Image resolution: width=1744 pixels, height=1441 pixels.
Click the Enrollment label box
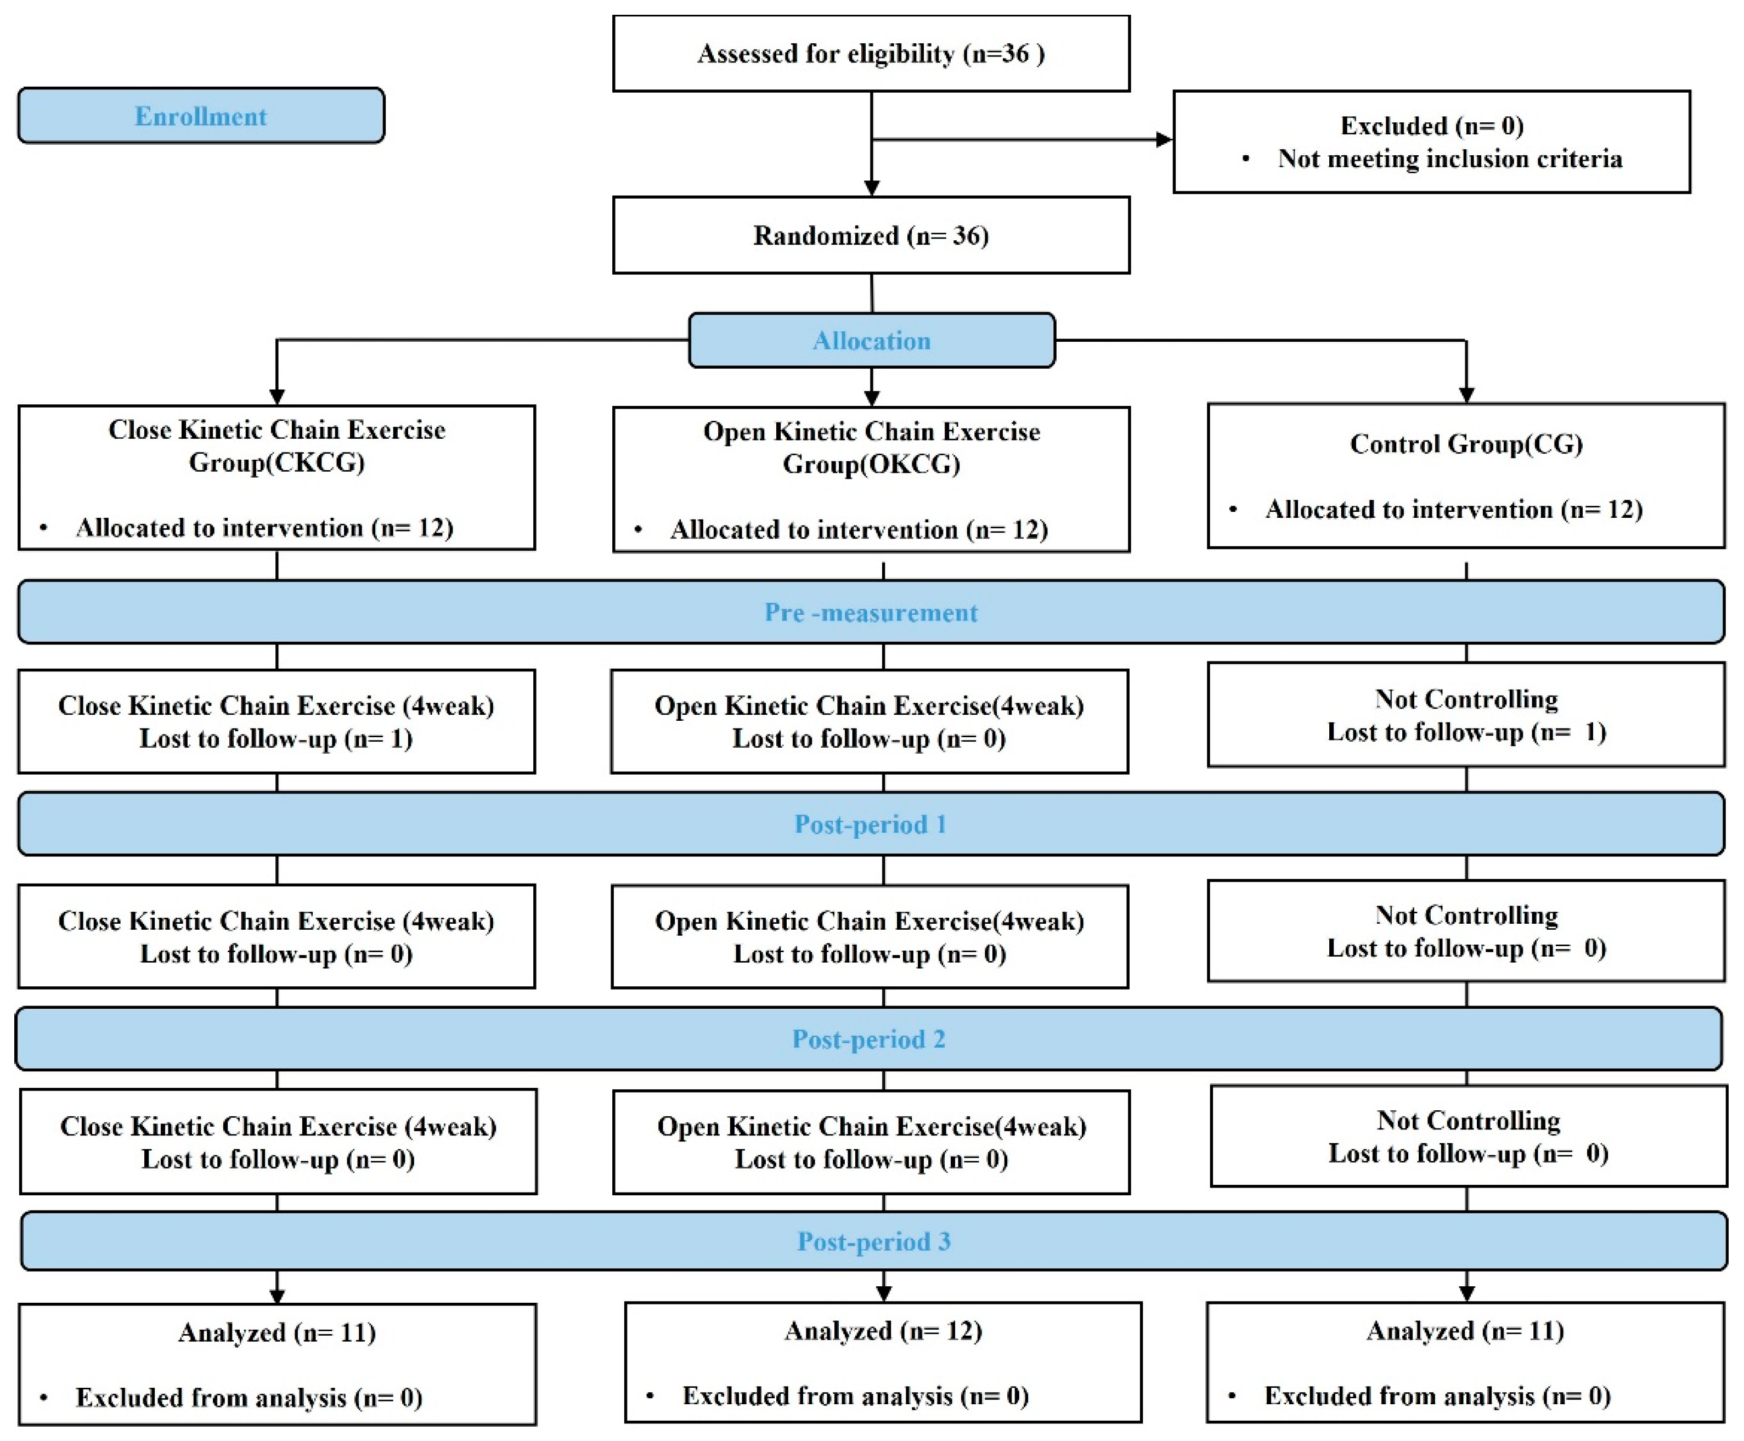[x=201, y=115]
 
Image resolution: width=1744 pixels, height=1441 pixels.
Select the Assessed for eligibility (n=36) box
[x=870, y=53]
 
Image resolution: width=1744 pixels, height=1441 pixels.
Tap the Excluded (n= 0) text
[x=1431, y=126]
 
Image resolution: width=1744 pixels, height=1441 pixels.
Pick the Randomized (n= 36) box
[x=870, y=235]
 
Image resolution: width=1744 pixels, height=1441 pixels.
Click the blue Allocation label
[x=871, y=340]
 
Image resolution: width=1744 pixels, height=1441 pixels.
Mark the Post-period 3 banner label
[x=873, y=1241]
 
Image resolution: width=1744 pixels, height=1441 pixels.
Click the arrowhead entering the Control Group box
[x=1466, y=394]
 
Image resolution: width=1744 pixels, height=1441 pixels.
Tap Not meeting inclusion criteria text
[x=1449, y=159]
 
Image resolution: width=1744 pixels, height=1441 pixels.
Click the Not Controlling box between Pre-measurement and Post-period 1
[x=1465, y=715]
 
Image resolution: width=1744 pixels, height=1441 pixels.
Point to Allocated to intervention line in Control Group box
[x=1453, y=509]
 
